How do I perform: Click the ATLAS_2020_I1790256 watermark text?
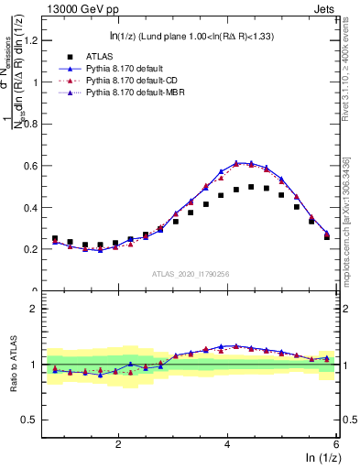(191, 274)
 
